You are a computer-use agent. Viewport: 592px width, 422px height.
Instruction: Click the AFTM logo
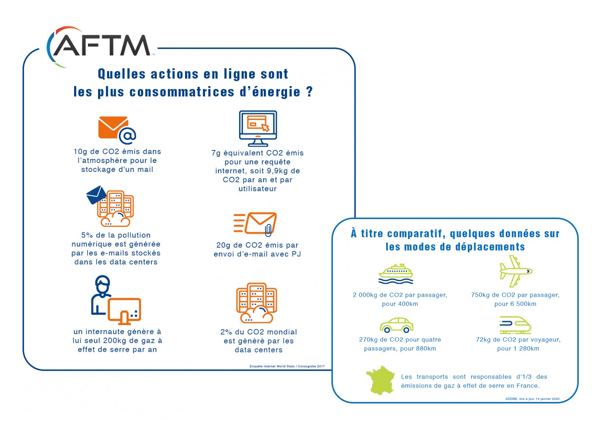100,46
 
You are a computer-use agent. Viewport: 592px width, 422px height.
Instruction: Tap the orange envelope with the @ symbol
113,128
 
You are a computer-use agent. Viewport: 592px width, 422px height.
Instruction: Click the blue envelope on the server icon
96,194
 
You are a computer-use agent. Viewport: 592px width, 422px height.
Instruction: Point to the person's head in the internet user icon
102,283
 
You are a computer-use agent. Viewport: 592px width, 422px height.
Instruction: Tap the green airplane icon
515,271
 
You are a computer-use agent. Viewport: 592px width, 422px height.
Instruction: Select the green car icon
396,325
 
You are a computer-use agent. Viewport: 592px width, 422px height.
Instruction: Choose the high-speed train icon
515,325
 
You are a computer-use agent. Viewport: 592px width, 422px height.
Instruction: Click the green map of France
380,380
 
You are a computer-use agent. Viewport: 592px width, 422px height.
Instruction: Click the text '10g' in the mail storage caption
80,152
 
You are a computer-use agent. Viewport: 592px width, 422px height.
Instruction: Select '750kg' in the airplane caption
480,295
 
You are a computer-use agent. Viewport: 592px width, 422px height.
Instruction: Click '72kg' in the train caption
483,340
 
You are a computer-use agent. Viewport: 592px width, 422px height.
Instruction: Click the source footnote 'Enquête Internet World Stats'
272,367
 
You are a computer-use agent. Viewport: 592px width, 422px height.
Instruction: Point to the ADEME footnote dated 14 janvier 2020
532,399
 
